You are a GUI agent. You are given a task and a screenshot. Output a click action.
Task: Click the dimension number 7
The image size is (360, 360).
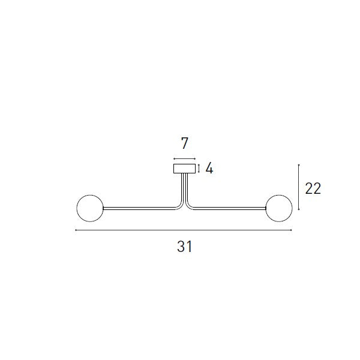[x=185, y=143]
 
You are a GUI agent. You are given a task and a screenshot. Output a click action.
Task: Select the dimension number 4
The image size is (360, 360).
[x=209, y=169]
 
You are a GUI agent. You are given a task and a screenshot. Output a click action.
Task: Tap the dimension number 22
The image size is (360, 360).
[x=313, y=189]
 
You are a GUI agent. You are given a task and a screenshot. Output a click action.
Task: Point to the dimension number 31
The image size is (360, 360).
[x=185, y=247]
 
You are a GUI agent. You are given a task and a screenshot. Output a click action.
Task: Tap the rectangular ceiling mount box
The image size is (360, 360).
[x=184, y=169]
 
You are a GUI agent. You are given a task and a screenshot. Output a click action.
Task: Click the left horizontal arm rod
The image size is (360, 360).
[x=140, y=208]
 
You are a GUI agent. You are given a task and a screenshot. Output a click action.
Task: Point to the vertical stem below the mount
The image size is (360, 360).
[x=185, y=187]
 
